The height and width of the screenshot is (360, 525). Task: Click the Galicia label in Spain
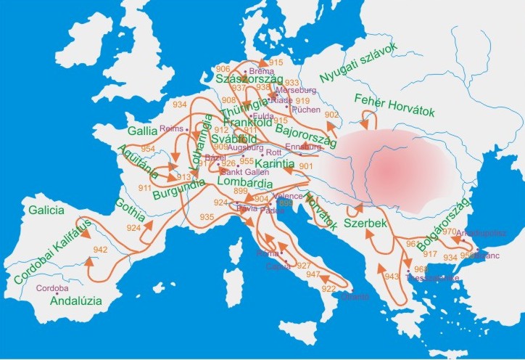tap(49, 210)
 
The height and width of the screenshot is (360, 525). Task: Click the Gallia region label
tap(142, 133)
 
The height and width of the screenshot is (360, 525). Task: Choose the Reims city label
tap(172, 128)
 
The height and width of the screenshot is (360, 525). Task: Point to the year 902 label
tap(331, 115)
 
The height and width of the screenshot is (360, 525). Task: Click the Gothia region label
tap(130, 205)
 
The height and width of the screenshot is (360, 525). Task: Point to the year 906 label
tap(223, 69)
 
